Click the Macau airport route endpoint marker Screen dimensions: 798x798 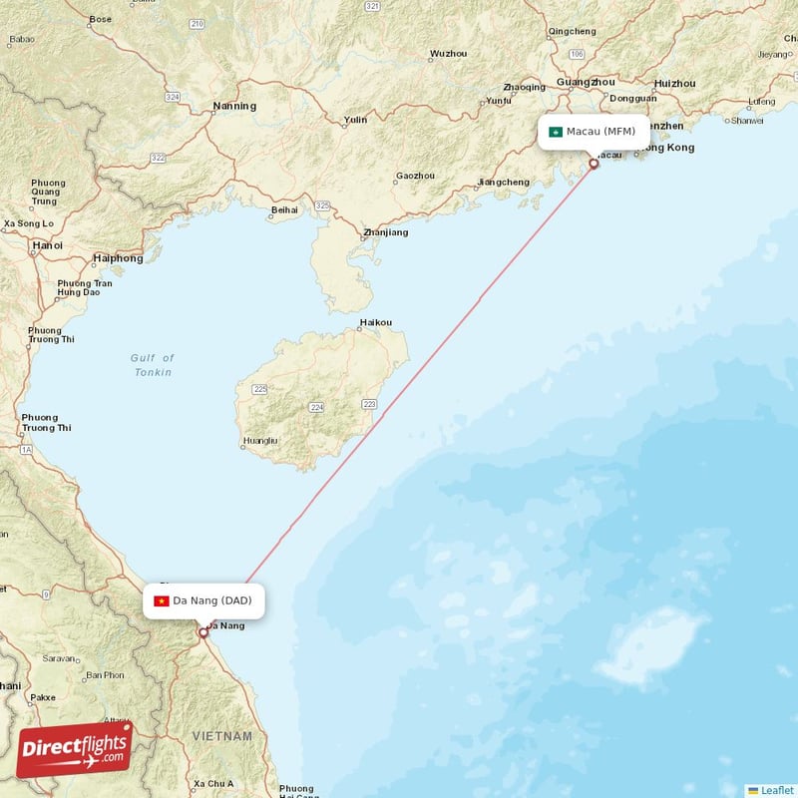[595, 164]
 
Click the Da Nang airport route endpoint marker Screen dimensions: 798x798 [203, 631]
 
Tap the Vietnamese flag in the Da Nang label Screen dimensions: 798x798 [161, 600]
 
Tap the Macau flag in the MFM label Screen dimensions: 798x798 [556, 132]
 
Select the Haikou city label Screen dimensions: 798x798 [376, 322]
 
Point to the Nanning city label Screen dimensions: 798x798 [234, 106]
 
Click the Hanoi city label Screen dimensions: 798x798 [47, 244]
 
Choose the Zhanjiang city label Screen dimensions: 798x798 [385, 232]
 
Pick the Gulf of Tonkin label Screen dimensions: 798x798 [153, 365]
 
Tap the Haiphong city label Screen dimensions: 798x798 [118, 258]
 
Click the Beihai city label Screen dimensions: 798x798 [284, 210]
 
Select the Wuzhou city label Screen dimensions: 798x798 [448, 54]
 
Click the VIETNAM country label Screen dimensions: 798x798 [222, 736]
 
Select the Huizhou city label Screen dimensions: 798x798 [674, 83]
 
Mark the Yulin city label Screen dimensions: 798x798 [355, 120]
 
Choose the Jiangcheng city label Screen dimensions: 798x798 [504, 183]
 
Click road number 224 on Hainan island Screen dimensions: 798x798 [317, 408]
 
